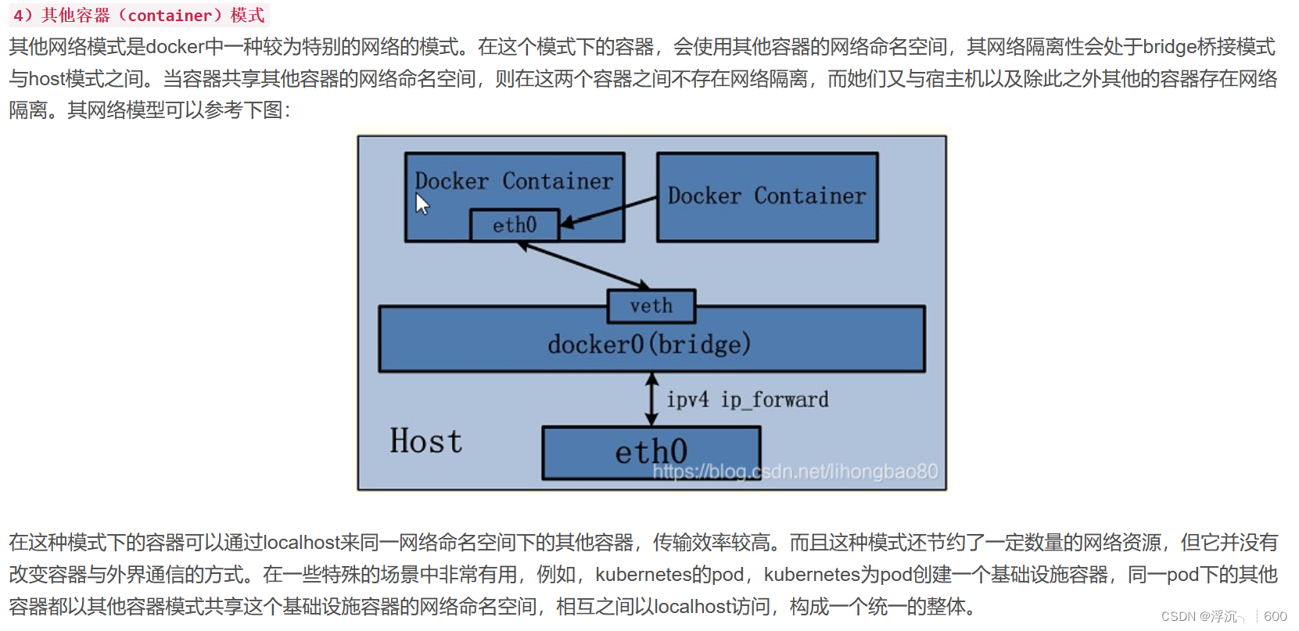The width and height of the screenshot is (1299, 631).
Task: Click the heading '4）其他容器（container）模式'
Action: tap(138, 16)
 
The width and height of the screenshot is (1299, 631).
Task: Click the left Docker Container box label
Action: tap(514, 181)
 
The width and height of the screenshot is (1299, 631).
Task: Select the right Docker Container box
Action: tap(767, 197)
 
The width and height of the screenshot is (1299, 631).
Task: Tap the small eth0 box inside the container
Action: tap(515, 225)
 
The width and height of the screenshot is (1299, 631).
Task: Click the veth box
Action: tap(651, 306)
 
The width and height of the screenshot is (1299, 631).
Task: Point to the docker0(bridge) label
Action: tap(649, 344)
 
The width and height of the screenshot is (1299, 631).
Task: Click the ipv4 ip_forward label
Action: tap(748, 400)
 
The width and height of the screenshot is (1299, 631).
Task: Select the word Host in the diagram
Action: tap(426, 441)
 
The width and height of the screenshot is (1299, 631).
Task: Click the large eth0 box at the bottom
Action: tap(651, 452)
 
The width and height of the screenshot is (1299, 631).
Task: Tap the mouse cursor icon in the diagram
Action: tap(422, 205)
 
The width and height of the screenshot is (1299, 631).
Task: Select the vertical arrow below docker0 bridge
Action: tap(651, 399)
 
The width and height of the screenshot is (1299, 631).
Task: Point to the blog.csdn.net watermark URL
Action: tap(795, 471)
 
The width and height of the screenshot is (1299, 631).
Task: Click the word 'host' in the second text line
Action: tap(47, 79)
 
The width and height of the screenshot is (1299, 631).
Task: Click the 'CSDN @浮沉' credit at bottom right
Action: tap(1198, 616)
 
